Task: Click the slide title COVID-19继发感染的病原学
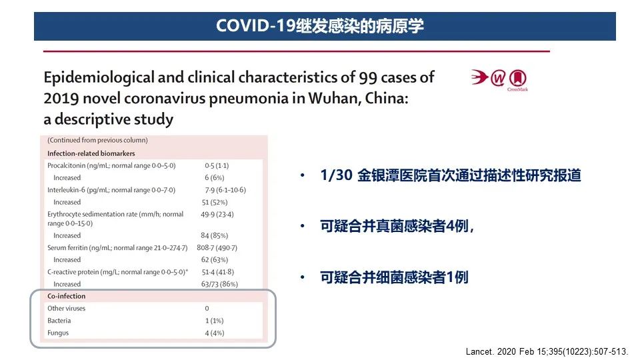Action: [x=319, y=26]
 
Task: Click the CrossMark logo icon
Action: [x=517, y=79]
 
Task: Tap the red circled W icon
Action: [x=497, y=78]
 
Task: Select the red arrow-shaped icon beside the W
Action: [x=479, y=77]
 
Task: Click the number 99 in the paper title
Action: [x=368, y=77]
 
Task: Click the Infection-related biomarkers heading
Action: [x=91, y=153]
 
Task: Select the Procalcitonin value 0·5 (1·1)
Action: [x=217, y=166]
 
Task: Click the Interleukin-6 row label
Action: [x=111, y=190]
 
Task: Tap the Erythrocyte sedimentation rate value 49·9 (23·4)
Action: [x=217, y=214]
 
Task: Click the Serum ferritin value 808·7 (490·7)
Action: [x=217, y=248]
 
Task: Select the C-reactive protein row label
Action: [x=117, y=272]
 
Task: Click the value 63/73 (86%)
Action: [x=219, y=284]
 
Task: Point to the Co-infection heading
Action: [x=67, y=296]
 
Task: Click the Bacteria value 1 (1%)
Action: [x=214, y=321]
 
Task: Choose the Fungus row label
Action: [x=58, y=333]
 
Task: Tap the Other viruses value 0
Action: [x=207, y=309]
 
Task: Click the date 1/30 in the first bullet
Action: [x=336, y=175]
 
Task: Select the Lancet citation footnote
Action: [x=547, y=351]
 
